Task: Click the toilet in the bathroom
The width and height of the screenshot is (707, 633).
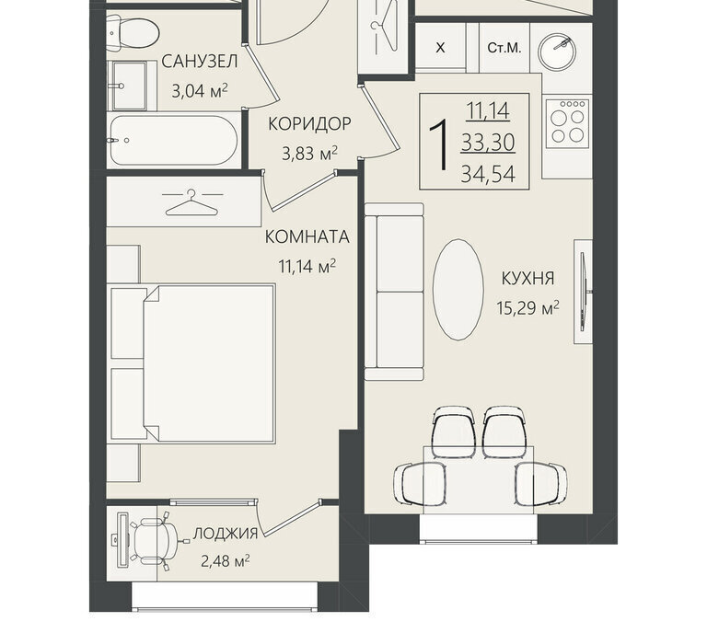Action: coord(133,32)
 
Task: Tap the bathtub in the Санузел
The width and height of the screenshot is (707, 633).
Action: coord(174,140)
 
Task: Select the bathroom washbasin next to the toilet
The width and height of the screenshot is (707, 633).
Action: coord(128,86)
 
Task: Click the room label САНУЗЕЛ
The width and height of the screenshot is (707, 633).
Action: coord(199,62)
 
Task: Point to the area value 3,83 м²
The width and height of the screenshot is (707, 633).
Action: coord(309,154)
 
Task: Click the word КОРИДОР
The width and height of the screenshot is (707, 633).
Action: coord(309,123)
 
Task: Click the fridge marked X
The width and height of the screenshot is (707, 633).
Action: coord(441,47)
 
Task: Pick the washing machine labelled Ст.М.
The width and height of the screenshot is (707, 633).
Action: coord(504,48)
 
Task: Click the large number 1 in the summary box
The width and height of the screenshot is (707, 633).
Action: coord(438,144)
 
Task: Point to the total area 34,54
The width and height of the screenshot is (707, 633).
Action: coord(488,175)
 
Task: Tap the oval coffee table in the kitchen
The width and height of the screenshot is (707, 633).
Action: coord(458,290)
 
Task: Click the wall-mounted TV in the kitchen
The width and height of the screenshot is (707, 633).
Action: coord(585,292)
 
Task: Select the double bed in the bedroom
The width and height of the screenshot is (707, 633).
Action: coord(193,363)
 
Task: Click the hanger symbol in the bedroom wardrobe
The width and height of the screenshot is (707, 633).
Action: coord(191,202)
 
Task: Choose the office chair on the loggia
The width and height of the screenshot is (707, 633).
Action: coord(155,541)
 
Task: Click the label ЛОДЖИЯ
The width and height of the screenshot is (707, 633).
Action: coord(226,534)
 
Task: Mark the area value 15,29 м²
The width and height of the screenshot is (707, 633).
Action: coord(528,308)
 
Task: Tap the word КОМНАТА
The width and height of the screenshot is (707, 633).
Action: coord(307,237)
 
